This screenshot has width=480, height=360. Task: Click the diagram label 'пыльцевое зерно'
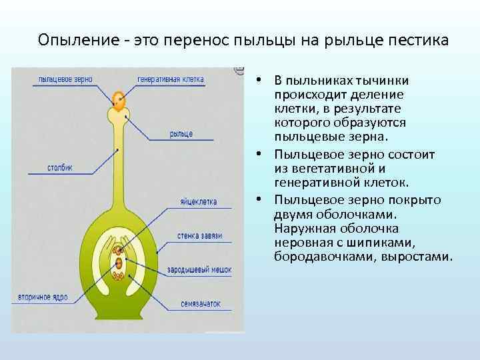(x=65, y=79)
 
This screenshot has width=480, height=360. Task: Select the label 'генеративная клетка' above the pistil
(x=171, y=79)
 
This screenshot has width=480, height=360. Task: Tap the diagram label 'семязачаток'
(x=200, y=304)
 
